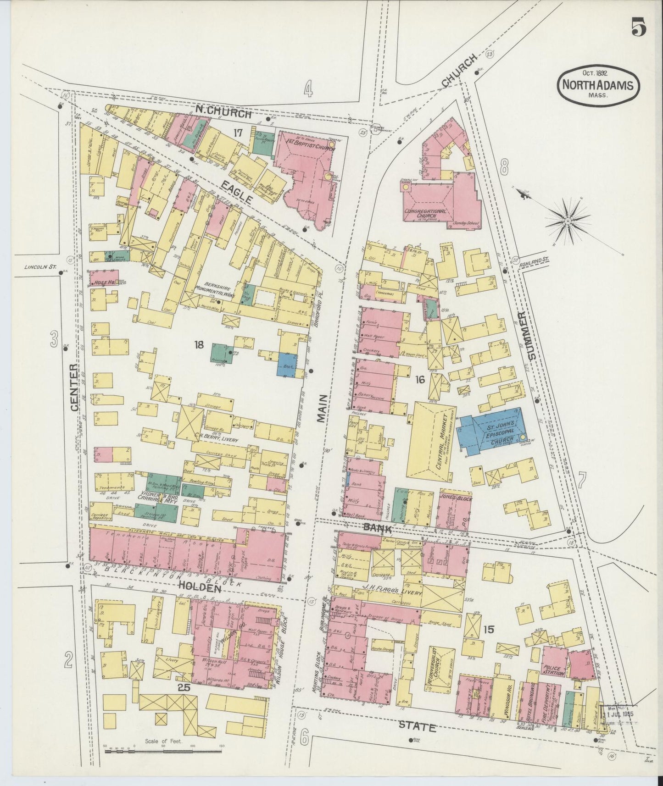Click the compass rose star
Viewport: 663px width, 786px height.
click(x=568, y=221)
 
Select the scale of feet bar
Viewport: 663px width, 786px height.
click(x=164, y=751)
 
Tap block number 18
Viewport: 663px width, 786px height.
click(x=198, y=344)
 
